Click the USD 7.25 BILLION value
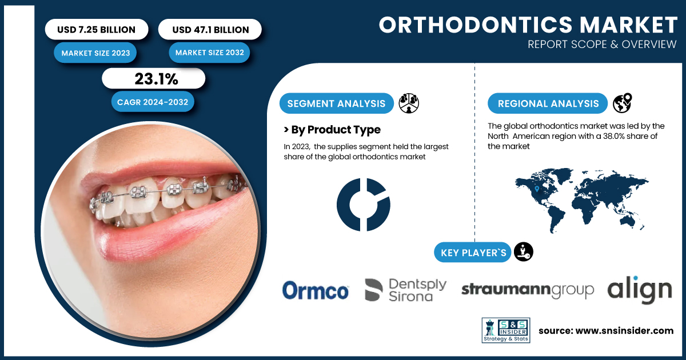pyautogui.click(x=96, y=30)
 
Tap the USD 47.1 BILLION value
pyautogui.click(x=210, y=30)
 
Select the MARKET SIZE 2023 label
pyautogui.click(x=95, y=53)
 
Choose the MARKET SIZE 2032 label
pyautogui.click(x=209, y=53)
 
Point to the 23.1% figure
pyautogui.click(x=156, y=79)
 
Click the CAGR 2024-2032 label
pyautogui.click(x=153, y=102)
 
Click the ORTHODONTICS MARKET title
pyautogui.click(x=528, y=25)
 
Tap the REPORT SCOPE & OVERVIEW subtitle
pyautogui.click(x=602, y=45)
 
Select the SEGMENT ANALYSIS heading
pyautogui.click(x=336, y=103)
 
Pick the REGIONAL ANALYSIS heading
pyautogui.click(x=548, y=103)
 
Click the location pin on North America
pyautogui.click(x=537, y=189)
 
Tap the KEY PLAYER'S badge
pyautogui.click(x=473, y=252)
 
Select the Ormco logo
pyautogui.click(x=316, y=290)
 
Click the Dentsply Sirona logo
pyautogui.click(x=406, y=290)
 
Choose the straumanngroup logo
pyautogui.click(x=528, y=290)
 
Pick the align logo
pyautogui.click(x=640, y=290)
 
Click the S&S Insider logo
pyautogui.click(x=506, y=330)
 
